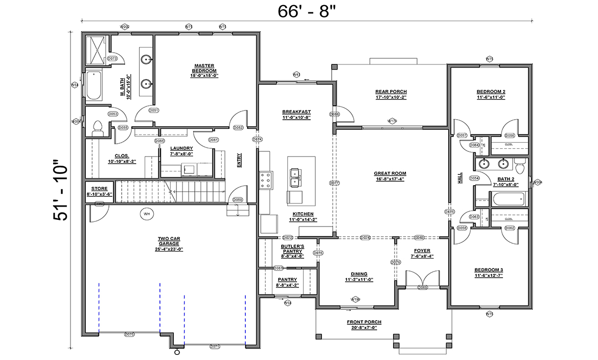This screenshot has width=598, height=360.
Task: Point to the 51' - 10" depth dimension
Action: (60, 192)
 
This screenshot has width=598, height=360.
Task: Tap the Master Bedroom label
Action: (204, 68)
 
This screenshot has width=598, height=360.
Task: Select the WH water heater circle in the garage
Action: (146, 214)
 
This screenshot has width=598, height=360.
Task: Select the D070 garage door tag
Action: (129, 334)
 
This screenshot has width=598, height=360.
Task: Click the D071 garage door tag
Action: (215, 346)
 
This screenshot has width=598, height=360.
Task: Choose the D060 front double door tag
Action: (422, 287)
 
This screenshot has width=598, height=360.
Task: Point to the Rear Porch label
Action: (391, 92)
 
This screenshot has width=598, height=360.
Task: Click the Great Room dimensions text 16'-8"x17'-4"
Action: (389, 179)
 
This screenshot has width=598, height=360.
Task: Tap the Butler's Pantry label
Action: (293, 249)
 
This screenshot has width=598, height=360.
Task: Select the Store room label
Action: (99, 189)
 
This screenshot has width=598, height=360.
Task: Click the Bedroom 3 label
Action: (489, 270)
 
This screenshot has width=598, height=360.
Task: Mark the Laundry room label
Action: (181, 148)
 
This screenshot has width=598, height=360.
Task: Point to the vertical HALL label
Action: (459, 178)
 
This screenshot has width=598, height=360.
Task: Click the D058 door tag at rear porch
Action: (335, 114)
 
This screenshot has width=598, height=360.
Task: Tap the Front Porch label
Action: (364, 322)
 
